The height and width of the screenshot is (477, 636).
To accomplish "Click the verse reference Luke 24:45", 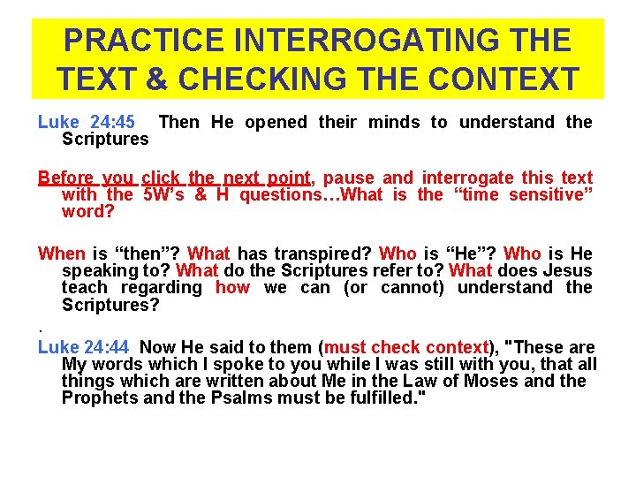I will pyautogui.click(x=87, y=122).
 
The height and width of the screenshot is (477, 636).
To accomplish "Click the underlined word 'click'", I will pyautogui.click(x=160, y=178).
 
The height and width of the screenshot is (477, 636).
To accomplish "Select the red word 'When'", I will pyautogui.click(x=62, y=254).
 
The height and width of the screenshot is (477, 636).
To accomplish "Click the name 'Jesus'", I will pyautogui.click(x=567, y=270).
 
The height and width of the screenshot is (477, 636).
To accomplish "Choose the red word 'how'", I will pyautogui.click(x=232, y=287).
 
